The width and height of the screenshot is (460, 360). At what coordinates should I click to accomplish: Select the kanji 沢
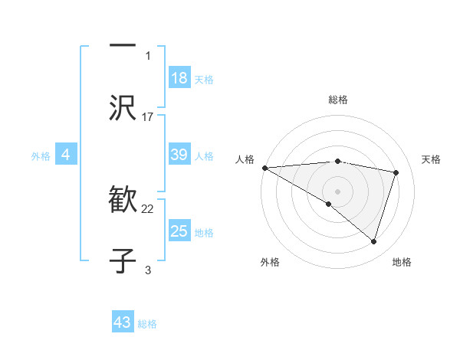tap(123, 108)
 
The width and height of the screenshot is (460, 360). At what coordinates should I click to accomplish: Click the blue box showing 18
tap(179, 78)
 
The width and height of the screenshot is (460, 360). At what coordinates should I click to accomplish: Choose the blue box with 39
tap(179, 155)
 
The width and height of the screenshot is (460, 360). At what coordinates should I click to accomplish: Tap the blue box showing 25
tap(179, 231)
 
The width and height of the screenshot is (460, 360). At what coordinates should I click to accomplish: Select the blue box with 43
tap(123, 322)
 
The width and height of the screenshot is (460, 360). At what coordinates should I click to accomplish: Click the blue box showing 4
tap(66, 155)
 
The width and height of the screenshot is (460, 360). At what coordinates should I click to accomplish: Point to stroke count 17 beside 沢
tap(148, 116)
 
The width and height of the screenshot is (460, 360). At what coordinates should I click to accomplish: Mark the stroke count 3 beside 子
tap(148, 270)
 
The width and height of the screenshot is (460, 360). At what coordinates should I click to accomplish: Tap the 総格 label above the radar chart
tap(337, 100)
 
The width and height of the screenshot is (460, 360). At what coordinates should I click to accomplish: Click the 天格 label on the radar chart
tap(432, 159)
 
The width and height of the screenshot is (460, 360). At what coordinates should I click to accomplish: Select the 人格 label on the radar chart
tap(244, 159)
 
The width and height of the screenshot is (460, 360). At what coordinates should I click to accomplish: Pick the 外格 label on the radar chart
tap(270, 262)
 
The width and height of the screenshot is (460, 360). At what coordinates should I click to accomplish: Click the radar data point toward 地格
tap(373, 241)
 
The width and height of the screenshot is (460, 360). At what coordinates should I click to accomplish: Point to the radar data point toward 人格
tap(264, 168)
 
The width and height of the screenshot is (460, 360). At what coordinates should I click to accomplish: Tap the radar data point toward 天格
tap(396, 172)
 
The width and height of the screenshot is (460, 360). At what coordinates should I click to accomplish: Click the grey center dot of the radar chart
tap(337, 191)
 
